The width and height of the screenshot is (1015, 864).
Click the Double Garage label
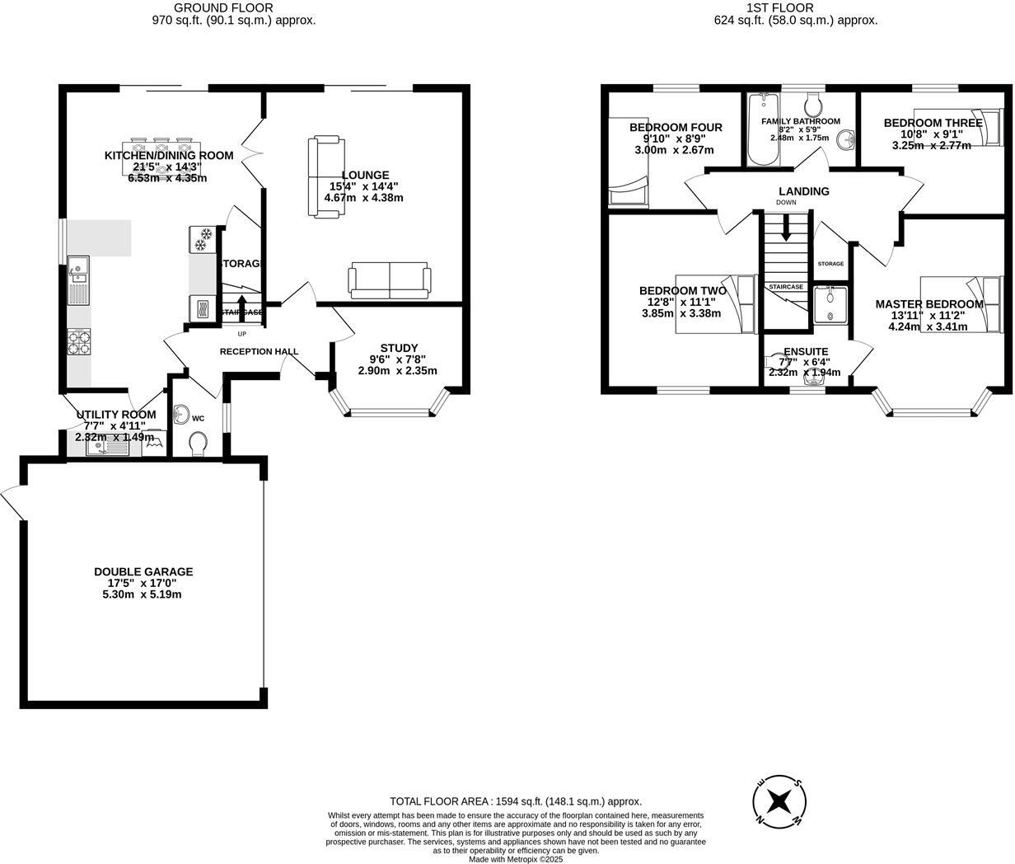(143, 571)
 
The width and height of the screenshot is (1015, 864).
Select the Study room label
(399, 347)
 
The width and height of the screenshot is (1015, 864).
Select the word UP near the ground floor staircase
(241, 334)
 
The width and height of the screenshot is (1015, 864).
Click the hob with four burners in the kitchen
(80, 341)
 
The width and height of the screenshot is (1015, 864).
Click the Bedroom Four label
(676, 127)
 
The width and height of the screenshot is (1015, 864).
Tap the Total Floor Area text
(515, 801)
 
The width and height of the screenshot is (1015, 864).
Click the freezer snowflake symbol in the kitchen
(202, 239)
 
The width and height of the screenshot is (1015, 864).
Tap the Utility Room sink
(106, 448)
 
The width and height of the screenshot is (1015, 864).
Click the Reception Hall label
(259, 351)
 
